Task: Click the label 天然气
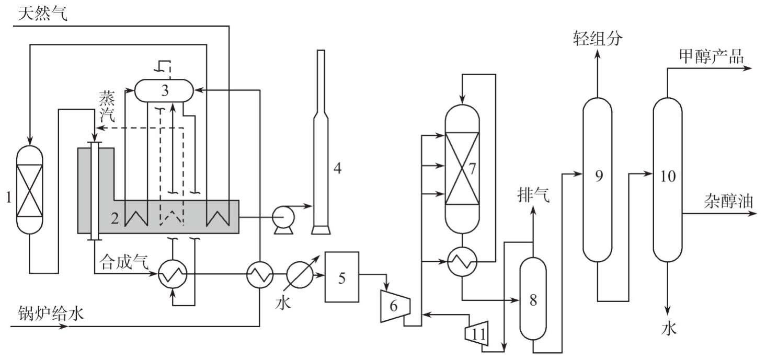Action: [x=42, y=14]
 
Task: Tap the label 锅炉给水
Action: [x=51, y=313]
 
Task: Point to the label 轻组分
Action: [x=598, y=38]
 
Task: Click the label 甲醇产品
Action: [x=711, y=56]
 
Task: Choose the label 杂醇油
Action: [x=728, y=201]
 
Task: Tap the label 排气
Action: [x=533, y=195]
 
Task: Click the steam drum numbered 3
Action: [x=164, y=90]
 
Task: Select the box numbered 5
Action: [x=341, y=277]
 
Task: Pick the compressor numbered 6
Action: [x=395, y=306]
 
